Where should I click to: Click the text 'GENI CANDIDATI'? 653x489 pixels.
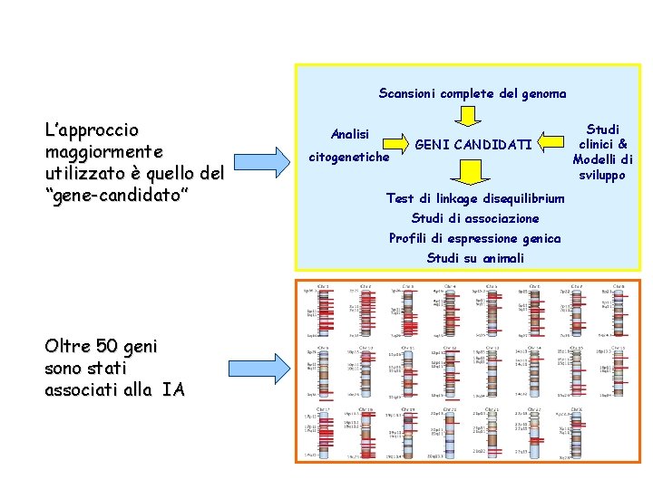473,145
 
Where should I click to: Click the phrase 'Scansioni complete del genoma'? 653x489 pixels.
473,93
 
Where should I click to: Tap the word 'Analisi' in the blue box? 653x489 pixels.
350,133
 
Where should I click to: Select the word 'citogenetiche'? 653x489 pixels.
349,157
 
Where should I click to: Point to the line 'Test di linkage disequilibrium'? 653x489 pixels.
475,198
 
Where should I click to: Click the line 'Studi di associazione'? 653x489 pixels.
475,218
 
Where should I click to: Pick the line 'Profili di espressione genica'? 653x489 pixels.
475,238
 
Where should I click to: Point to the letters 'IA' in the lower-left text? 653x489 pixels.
173,389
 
